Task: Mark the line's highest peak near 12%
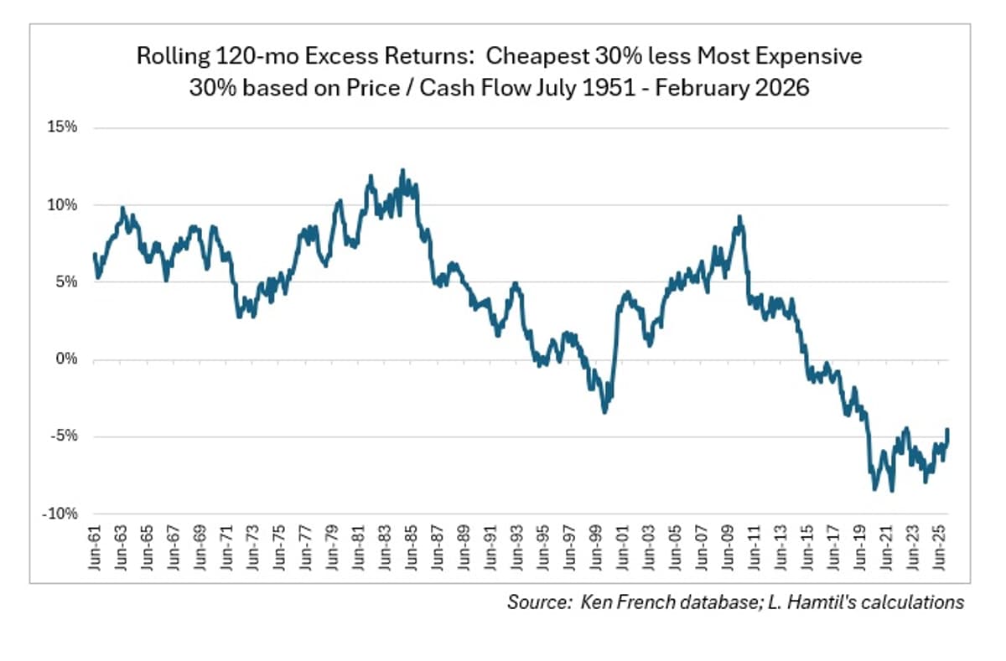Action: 402,170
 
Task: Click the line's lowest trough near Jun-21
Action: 891,491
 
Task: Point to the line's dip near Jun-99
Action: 604,411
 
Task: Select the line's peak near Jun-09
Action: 739,217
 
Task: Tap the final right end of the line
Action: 947,430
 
